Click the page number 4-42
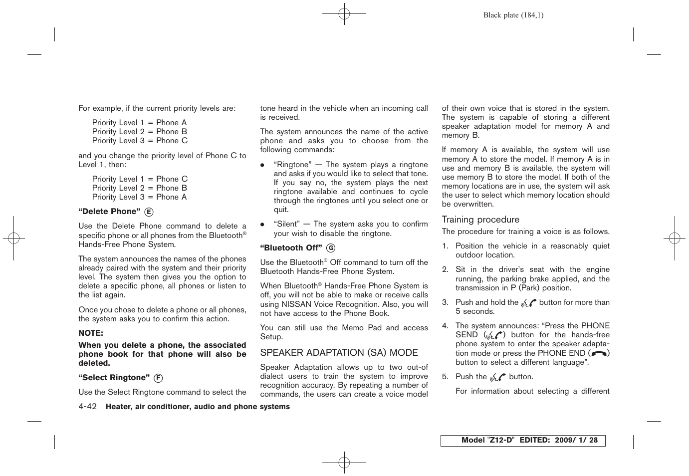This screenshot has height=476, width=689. [87, 407]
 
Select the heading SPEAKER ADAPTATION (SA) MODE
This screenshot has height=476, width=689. [339, 353]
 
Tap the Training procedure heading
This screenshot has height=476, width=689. [480, 220]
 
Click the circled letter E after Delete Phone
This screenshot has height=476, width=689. [149, 212]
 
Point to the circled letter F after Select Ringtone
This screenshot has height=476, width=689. [158, 378]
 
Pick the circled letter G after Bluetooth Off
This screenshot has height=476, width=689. [330, 248]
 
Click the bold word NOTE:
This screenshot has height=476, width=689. [91, 333]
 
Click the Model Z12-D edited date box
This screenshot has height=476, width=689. [522, 441]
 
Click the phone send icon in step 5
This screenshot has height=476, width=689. [498, 377]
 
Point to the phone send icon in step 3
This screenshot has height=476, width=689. [528, 302]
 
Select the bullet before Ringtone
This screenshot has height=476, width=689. [262, 165]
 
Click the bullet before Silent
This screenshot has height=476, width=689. [262, 225]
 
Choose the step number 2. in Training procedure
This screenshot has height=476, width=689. [445, 269]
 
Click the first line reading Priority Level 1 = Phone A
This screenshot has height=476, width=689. [139, 123]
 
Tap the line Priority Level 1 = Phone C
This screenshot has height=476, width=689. [140, 179]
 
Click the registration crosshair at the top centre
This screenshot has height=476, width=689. [344, 14]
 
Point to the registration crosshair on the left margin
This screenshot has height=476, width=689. [14, 238]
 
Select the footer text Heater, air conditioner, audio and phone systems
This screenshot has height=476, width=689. [198, 407]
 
